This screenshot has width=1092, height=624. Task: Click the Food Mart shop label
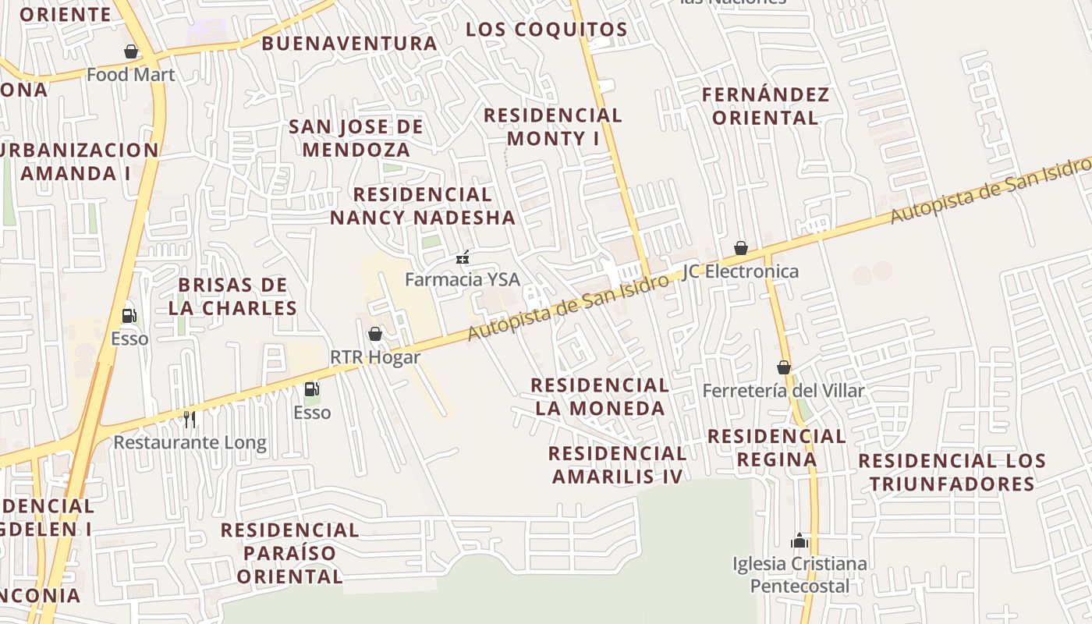[x=131, y=75]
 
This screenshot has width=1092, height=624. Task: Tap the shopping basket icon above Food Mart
[x=131, y=51]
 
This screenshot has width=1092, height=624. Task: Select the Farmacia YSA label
[x=462, y=278]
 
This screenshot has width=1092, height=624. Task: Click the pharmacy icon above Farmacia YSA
[x=463, y=256]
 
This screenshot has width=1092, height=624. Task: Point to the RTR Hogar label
[x=375, y=357]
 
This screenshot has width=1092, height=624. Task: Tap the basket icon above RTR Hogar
[x=375, y=334]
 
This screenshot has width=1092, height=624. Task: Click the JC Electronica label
[x=740, y=271]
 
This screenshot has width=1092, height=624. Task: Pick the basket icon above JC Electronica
[x=741, y=248]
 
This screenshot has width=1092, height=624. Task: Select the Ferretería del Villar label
[x=783, y=390]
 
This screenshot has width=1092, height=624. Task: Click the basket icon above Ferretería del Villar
[x=784, y=367]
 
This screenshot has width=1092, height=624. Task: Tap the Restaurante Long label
[x=190, y=443]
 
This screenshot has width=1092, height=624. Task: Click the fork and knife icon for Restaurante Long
[x=190, y=420]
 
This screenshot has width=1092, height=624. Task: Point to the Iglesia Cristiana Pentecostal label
[x=799, y=574]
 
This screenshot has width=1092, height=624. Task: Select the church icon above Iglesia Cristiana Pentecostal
[x=799, y=540]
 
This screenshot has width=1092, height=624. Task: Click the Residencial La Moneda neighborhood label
[x=600, y=396]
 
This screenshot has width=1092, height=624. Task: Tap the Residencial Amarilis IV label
[x=617, y=465]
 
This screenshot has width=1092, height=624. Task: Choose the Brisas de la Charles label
[x=232, y=296]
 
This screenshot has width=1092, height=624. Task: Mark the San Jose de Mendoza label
[x=356, y=138]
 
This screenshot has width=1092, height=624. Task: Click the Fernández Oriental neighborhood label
[x=765, y=106]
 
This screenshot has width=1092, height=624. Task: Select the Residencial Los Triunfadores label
[x=952, y=472]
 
